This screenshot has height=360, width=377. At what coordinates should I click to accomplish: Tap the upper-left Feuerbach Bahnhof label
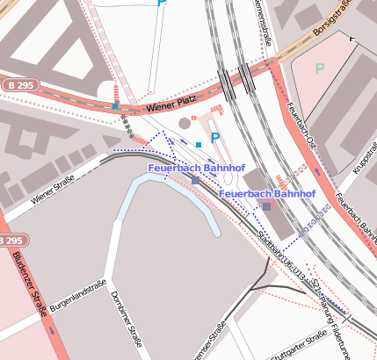click(197, 167)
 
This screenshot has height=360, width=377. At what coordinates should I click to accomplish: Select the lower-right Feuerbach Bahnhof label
click(266, 192)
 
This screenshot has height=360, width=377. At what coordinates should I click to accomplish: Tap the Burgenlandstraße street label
click(78, 295)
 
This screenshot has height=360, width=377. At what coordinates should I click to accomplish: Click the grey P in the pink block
click(320, 68)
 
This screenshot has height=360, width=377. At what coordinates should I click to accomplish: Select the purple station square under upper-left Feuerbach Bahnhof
click(195, 180)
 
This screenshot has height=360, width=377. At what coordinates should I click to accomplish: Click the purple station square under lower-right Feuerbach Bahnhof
click(266, 205)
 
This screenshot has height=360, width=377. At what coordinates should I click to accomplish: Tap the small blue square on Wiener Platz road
click(115, 106)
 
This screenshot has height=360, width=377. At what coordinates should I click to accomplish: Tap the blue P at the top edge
click(161, 4)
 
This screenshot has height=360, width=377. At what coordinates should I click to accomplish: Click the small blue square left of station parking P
click(199, 143)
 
